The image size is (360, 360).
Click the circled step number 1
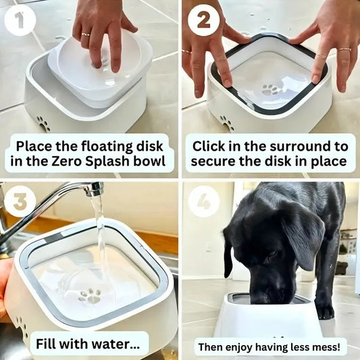[20, 21]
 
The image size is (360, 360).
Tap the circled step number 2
[203, 21]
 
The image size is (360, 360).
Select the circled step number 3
[20, 201]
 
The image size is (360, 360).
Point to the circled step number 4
[203, 201]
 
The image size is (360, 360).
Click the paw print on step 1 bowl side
[43, 124]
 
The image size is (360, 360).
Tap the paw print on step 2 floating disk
[271, 89]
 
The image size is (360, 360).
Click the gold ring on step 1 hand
[85, 34]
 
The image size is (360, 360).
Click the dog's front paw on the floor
[325, 311]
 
